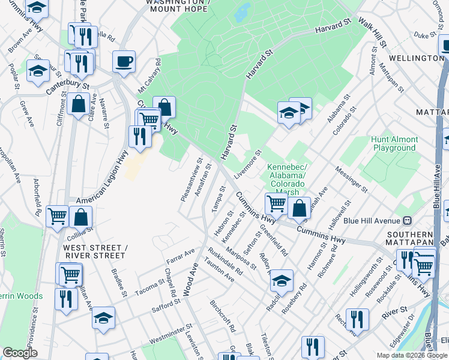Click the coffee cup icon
pos(124,61)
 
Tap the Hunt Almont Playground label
pos(394,143)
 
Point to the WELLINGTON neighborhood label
pos(416,58)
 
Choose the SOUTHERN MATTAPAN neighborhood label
pos(410,239)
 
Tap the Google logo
pos(20,353)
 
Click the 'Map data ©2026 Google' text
pos(412,355)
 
